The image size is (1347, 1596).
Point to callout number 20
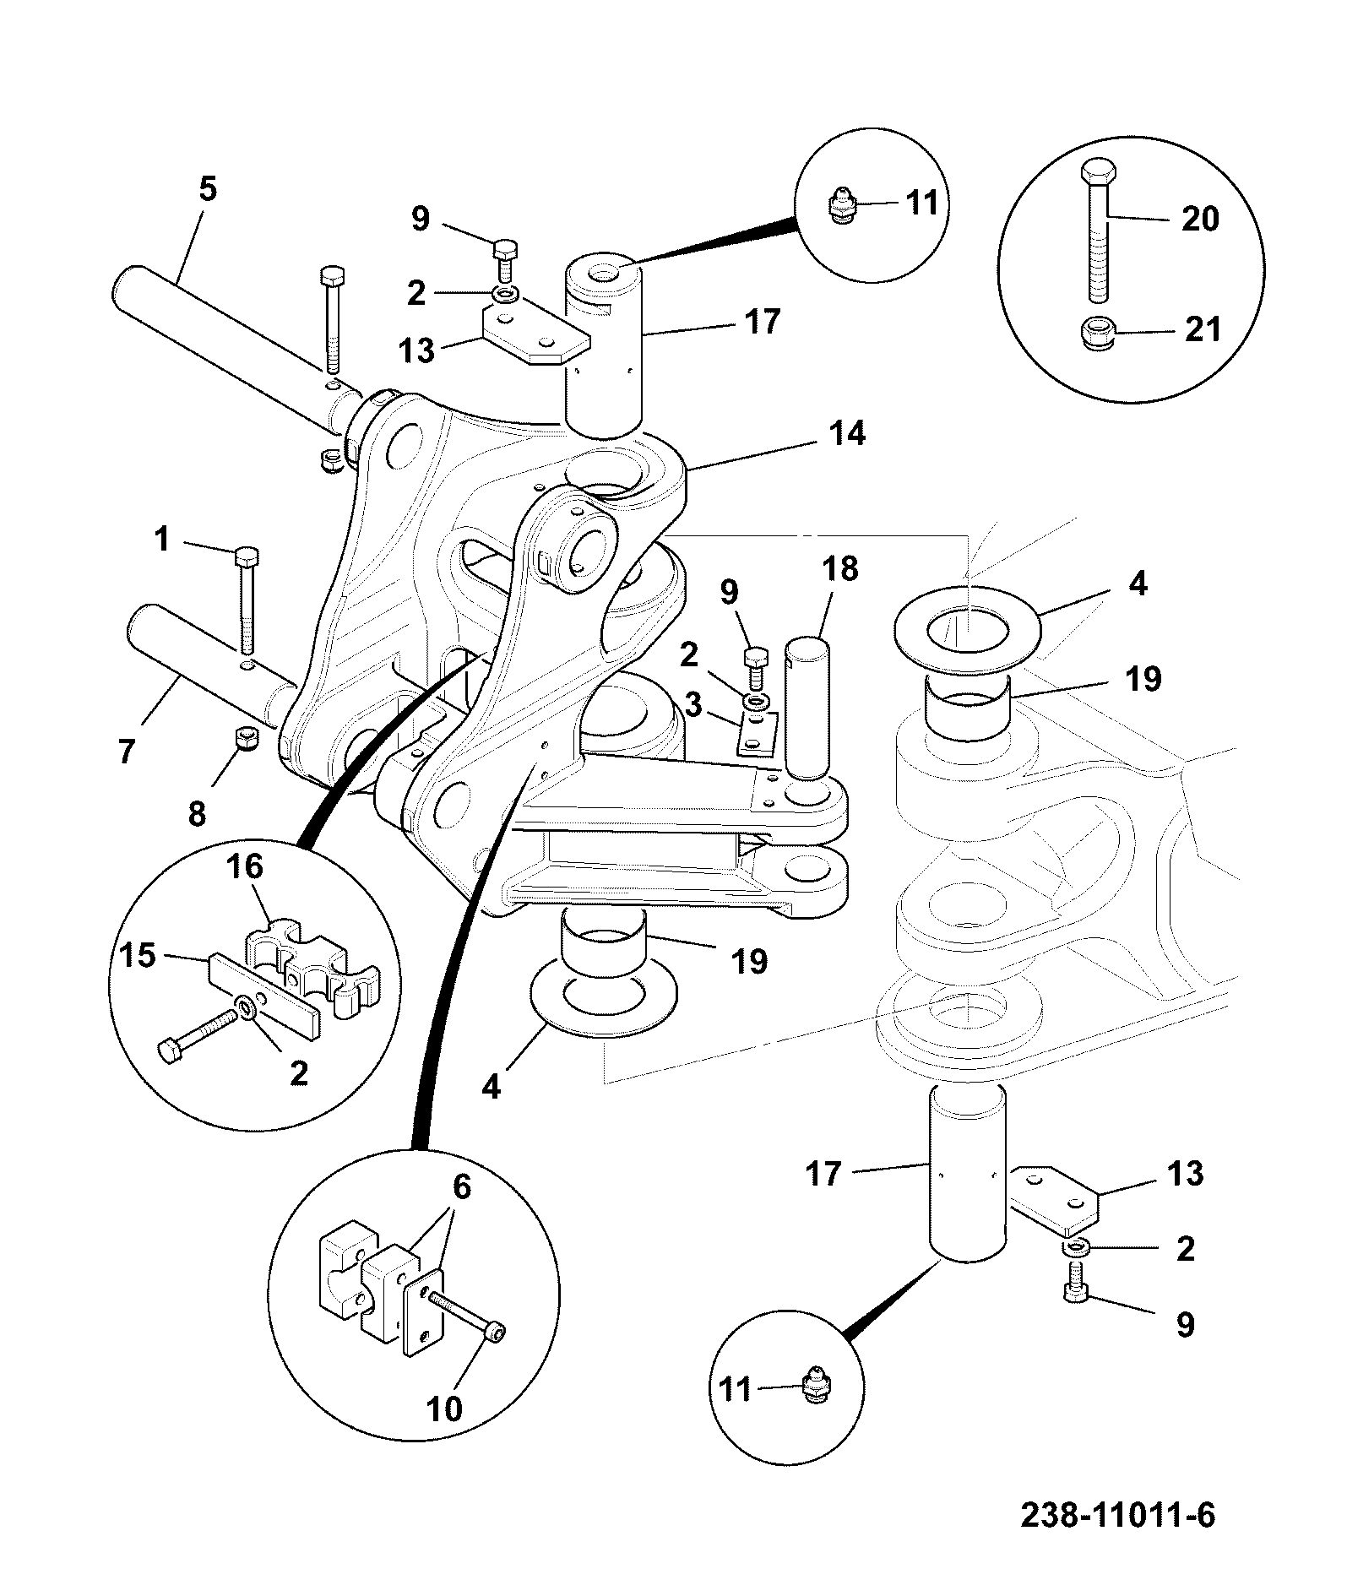click(x=1200, y=220)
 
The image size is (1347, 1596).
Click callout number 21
click(x=1203, y=328)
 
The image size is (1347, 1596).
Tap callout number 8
click(x=196, y=814)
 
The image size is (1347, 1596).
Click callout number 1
click(x=161, y=539)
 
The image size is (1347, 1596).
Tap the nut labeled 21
click(x=1097, y=335)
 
